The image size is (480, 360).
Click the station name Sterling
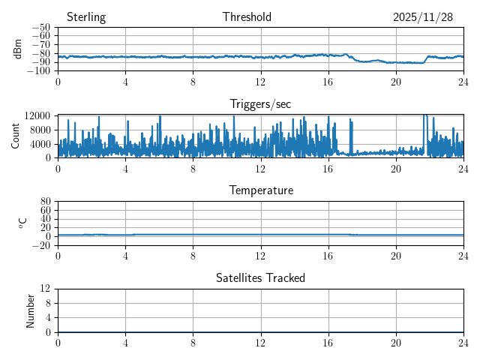click(x=86, y=17)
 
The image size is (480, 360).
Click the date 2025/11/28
click(x=423, y=17)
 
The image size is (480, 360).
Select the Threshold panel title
click(x=247, y=17)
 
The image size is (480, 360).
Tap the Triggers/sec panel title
click(x=260, y=104)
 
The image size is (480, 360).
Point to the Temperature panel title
click(x=260, y=190)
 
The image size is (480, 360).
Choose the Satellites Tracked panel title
click(x=260, y=278)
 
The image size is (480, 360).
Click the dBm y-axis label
click(x=18, y=49)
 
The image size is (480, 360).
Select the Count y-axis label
click(x=16, y=136)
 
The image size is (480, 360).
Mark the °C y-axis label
click(x=22, y=223)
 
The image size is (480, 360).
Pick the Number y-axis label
click(x=31, y=310)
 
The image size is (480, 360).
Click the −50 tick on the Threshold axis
click(x=40, y=28)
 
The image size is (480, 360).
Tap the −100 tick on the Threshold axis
click(x=38, y=71)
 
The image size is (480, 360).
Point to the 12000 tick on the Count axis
click(x=37, y=115)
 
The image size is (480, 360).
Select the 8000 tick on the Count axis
click(x=40, y=129)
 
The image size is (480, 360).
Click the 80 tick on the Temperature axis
click(x=45, y=202)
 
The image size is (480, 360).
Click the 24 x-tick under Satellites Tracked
click(x=463, y=342)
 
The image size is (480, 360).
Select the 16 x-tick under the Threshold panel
click(x=328, y=81)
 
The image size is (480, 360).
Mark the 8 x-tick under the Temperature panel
click(x=193, y=255)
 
